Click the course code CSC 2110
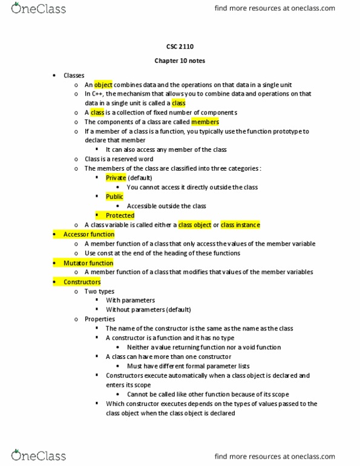(x=180, y=46)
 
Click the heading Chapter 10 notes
(x=180, y=61)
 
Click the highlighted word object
(x=103, y=85)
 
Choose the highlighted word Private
(x=116, y=178)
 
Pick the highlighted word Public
(x=114, y=197)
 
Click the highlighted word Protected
(x=120, y=215)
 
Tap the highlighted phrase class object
(x=194, y=225)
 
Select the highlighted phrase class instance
(x=240, y=225)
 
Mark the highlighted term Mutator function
(x=88, y=263)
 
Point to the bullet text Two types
(x=99, y=291)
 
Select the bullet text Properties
(x=100, y=319)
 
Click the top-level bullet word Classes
(x=74, y=76)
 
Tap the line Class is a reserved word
(x=119, y=159)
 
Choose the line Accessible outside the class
(x=166, y=206)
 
